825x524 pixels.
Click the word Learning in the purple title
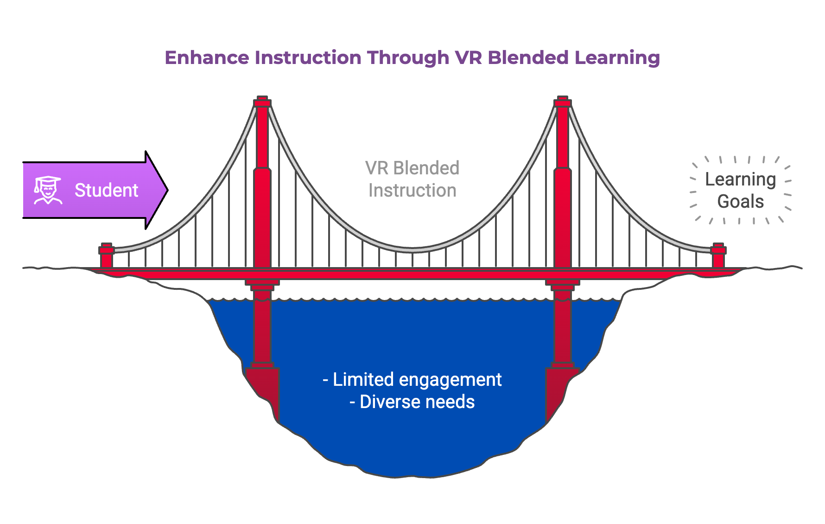tap(617, 58)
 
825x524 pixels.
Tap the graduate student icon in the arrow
tap(47, 190)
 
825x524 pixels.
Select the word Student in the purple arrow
tap(106, 191)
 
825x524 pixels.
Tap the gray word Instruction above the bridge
tap(412, 191)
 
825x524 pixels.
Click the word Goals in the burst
tap(740, 202)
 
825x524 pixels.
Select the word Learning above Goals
tap(740, 179)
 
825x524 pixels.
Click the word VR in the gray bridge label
tap(376, 168)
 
